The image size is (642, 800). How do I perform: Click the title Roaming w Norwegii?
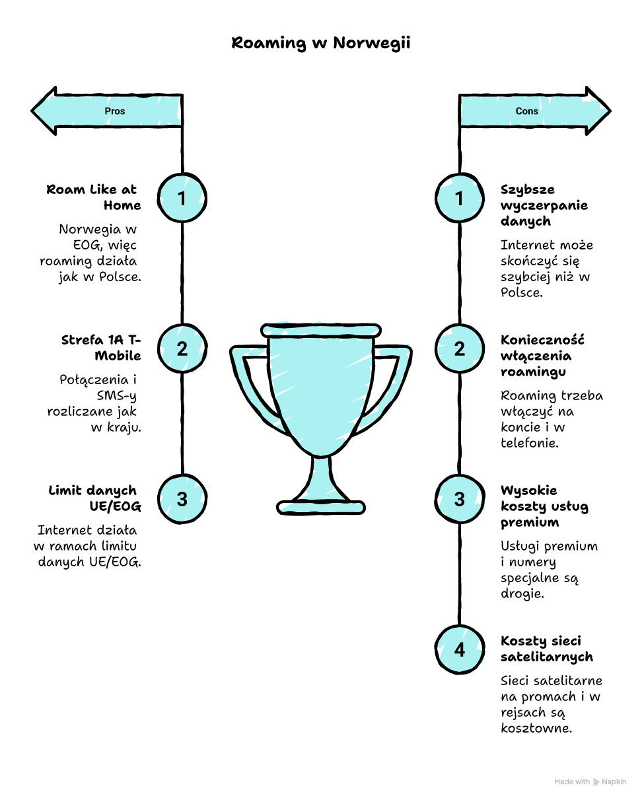[321, 44]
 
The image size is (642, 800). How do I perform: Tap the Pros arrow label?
[115, 111]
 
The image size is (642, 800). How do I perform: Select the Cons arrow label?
[526, 111]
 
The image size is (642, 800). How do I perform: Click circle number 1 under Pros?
[182, 198]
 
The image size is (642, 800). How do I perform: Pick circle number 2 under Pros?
[182, 349]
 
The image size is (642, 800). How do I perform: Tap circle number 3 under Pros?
[182, 499]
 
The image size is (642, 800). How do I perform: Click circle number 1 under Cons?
[460, 198]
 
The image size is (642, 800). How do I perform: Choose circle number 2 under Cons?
[460, 349]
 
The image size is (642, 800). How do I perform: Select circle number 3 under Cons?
[460, 499]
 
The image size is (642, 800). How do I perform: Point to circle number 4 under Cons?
[460, 650]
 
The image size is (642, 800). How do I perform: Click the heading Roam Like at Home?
[94, 197]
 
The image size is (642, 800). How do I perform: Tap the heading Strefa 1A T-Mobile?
[101, 348]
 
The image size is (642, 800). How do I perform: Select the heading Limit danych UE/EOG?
[94, 498]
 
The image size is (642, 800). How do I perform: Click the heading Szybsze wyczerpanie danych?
[543, 205]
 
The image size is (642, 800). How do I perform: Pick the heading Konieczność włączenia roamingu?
[542, 356]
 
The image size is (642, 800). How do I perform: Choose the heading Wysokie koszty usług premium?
[544, 506]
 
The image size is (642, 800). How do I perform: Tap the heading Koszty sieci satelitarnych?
[546, 649]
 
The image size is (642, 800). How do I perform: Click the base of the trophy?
[321, 507]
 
